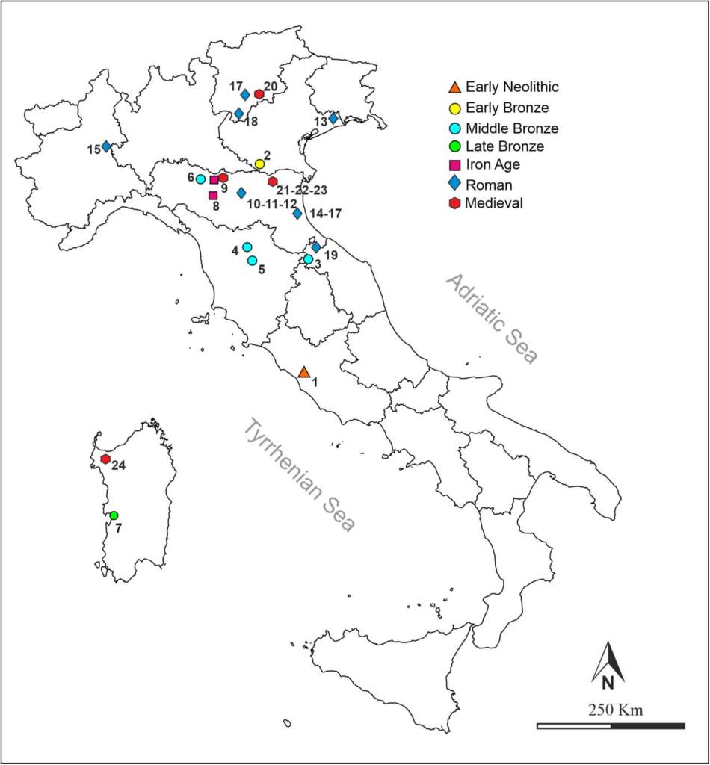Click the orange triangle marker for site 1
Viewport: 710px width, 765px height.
[x=303, y=371]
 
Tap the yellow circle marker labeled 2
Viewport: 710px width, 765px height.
[x=259, y=164]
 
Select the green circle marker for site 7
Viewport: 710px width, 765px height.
[x=114, y=515]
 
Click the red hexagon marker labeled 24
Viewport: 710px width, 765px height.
[x=105, y=459]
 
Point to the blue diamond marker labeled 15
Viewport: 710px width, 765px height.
[x=106, y=146]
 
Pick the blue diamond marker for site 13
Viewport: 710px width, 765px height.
[x=333, y=118]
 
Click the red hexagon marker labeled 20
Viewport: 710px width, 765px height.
[x=259, y=94]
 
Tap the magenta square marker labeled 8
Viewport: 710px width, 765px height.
[x=213, y=196]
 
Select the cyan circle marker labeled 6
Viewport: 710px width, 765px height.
[x=200, y=179]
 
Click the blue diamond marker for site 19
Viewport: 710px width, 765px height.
[x=315, y=247]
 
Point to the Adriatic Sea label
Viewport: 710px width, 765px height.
[x=492, y=318]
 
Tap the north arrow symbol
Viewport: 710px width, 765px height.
[x=608, y=663]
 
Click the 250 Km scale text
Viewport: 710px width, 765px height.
[x=611, y=709]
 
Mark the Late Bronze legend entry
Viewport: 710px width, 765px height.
[x=504, y=146]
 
